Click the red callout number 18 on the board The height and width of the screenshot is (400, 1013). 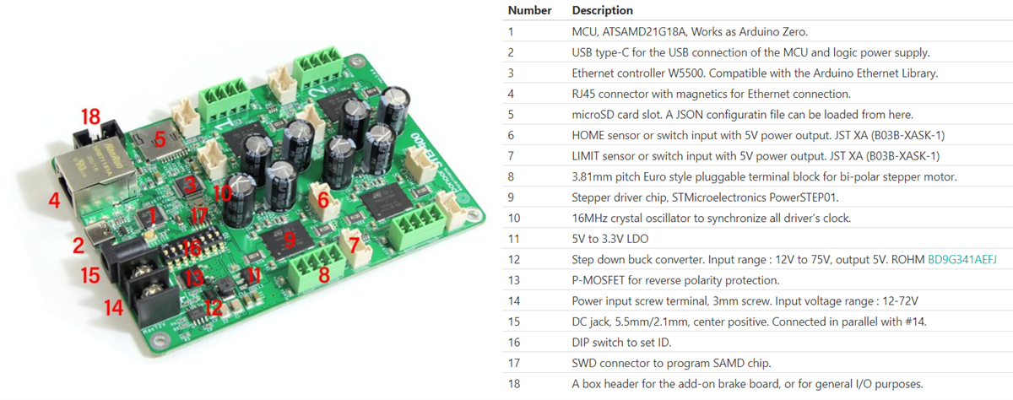(90, 117)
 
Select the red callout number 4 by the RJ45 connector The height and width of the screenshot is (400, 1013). (55, 202)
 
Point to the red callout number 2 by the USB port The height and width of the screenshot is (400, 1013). (78, 246)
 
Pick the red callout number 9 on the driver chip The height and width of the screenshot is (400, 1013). (290, 240)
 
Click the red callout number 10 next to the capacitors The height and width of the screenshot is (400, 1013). (223, 193)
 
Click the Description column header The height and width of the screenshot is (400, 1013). (602, 11)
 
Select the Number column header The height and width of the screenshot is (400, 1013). (529, 11)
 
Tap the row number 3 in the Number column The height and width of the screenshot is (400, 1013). (511, 73)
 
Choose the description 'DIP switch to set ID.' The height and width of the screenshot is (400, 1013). (626, 343)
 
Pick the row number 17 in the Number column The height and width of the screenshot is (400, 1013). (513, 364)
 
